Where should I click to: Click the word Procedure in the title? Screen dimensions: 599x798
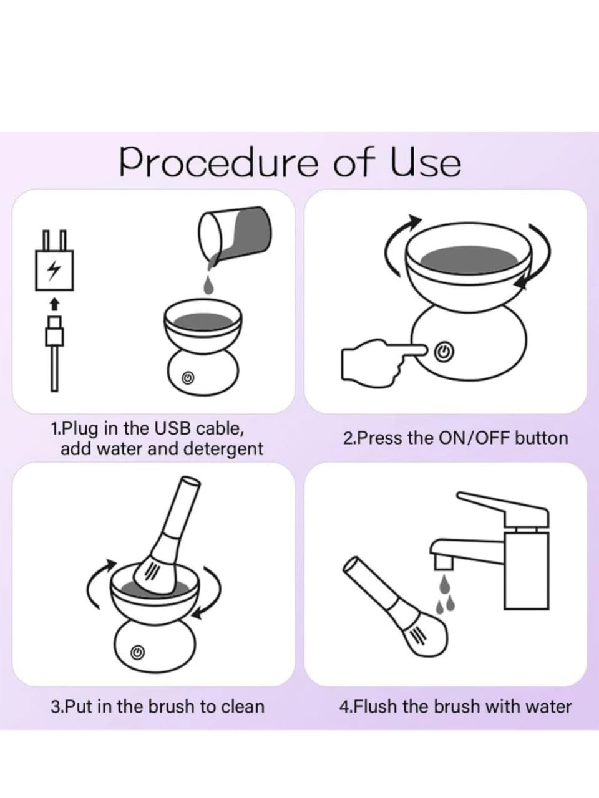tap(218, 162)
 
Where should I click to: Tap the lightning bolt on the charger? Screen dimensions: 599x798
tap(54, 270)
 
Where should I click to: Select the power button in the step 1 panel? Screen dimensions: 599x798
tap(187, 378)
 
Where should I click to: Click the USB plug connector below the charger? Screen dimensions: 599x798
tap(54, 331)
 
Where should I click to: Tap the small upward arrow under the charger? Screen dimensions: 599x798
tap(54, 304)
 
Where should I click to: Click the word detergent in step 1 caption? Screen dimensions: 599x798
tap(223, 449)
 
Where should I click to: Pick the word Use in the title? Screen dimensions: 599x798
tap(426, 162)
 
